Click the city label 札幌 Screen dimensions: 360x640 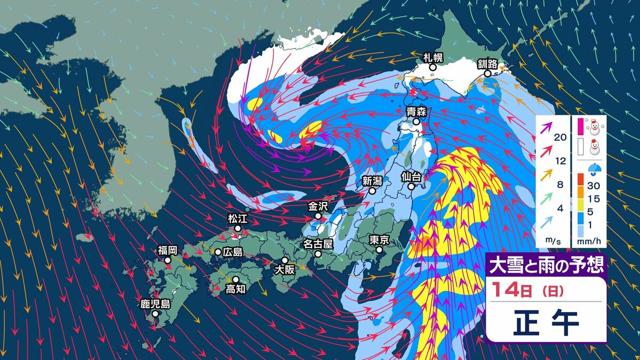(x=433, y=57)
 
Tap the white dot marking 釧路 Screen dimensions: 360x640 (x=487, y=74)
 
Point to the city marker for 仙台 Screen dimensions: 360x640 (x=411, y=187)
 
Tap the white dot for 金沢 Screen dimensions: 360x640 (x=318, y=216)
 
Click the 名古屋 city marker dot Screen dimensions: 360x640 (x=318, y=254)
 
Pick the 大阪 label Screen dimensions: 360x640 (x=284, y=270)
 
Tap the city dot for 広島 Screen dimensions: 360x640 (x=218, y=252)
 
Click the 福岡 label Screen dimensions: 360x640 (x=167, y=250)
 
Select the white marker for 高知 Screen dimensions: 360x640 (x=235, y=279)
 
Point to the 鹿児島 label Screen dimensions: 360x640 (x=155, y=304)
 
